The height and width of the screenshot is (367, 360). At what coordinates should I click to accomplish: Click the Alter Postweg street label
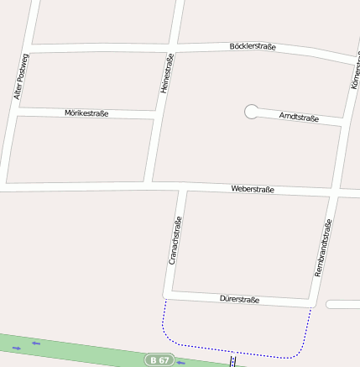click(21, 76)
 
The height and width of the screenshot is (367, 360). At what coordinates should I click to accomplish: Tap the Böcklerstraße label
click(253, 47)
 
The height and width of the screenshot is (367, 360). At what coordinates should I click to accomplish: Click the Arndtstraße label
click(299, 118)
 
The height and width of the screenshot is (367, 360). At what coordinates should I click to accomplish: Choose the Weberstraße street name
click(253, 191)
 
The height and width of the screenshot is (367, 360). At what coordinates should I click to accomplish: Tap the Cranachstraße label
click(175, 241)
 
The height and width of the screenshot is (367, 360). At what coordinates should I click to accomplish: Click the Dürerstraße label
click(239, 299)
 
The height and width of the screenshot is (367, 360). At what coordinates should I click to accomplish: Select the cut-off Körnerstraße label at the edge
click(355, 76)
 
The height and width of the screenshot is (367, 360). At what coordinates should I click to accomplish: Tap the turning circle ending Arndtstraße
click(250, 111)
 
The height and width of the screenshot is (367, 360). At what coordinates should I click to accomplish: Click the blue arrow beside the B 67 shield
click(181, 363)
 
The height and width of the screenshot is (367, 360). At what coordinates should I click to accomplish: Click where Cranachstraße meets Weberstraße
click(180, 186)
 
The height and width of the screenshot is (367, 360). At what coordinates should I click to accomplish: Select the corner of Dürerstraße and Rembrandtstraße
click(312, 303)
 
